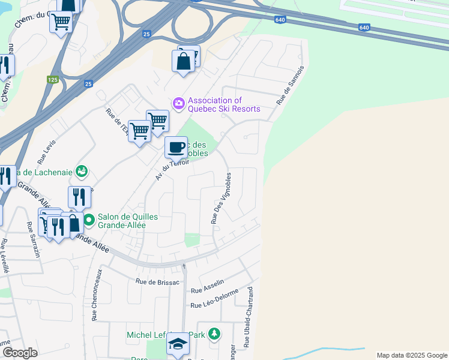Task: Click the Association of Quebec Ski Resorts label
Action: [224, 104]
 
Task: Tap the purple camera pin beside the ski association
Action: [178, 104]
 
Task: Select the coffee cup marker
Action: [176, 146]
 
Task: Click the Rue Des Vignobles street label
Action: [220, 200]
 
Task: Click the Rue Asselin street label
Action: [207, 286]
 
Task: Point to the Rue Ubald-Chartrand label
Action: [248, 318]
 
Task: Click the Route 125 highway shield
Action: [52, 79]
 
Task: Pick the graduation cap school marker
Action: [178, 344]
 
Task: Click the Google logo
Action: [20, 353]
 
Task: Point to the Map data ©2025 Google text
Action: [411, 355]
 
